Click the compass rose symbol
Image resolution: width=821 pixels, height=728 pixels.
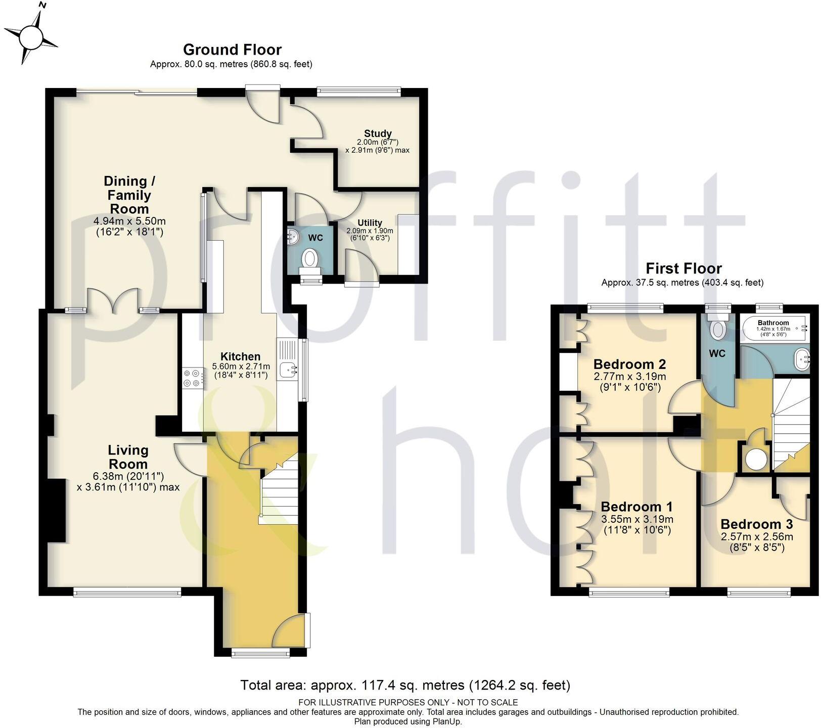pos(32,37)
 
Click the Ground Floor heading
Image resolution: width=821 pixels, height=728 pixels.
pos(232,50)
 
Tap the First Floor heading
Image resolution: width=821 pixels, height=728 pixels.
pos(683,268)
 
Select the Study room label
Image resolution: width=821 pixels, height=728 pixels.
pos(378,133)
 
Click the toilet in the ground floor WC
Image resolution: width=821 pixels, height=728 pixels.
pos(309,259)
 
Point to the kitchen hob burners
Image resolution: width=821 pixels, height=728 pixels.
pos(193,378)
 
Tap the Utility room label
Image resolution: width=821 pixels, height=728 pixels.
pos(370,222)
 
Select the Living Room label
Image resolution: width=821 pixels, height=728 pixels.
pos(128,457)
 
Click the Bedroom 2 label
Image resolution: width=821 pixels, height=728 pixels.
pos(629,364)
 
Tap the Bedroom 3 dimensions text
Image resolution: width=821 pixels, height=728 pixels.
pos(756,541)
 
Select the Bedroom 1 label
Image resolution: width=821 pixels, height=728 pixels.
pos(637,507)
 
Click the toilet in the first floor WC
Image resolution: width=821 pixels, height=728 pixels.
pos(717,329)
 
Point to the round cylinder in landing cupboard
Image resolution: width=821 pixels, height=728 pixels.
pos(756,459)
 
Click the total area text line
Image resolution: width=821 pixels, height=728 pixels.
pos(405,685)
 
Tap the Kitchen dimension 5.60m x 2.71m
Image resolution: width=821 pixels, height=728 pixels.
pos(241,367)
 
